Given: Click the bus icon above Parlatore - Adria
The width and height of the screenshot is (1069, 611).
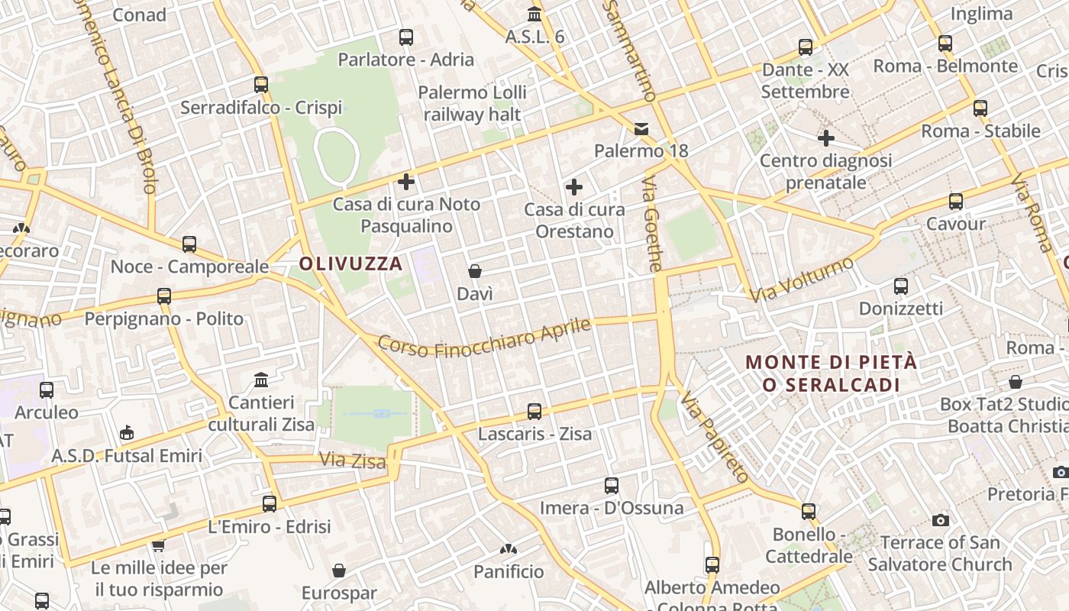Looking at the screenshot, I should pos(406,37).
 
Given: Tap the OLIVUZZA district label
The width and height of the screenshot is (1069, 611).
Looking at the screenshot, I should pos(350,264).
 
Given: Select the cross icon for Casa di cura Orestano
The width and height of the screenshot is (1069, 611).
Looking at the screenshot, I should pos(574,187).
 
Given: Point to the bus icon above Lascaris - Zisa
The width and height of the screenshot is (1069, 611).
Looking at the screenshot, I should pos(534,412).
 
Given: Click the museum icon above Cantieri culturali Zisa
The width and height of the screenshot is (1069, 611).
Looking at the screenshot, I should pos(261,380).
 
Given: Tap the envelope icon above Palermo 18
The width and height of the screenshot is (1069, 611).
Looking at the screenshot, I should pos(641,129).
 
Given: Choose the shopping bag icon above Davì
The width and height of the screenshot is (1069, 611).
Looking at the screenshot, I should pos(475,271).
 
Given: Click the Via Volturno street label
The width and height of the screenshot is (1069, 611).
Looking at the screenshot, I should pos(802,280).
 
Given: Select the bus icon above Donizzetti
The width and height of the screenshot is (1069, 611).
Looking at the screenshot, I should pos(901,286).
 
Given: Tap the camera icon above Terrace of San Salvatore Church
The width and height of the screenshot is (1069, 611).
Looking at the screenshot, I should pos(941,520).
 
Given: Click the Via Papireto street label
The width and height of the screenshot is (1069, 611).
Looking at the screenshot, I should pos(713,438).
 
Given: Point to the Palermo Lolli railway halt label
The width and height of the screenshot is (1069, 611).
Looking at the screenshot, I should pos(473,104).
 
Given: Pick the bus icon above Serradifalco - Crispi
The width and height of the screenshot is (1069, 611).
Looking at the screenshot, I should pos(261,85).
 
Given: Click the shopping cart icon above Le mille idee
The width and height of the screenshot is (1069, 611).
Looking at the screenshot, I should pos(159,545).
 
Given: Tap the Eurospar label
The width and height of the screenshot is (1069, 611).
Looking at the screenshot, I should pos(339,593).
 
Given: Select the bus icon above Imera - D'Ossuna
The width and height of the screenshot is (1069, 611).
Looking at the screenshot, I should pos(612,486).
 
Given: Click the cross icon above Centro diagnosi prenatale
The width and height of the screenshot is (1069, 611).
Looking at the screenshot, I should pos(826,138).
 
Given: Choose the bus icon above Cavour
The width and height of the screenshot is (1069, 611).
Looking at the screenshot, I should pos(956,202).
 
